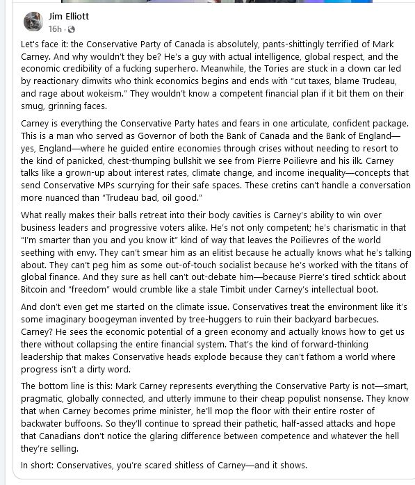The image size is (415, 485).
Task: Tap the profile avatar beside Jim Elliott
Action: (x=33, y=22)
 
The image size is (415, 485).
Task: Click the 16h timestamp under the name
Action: (x=55, y=28)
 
